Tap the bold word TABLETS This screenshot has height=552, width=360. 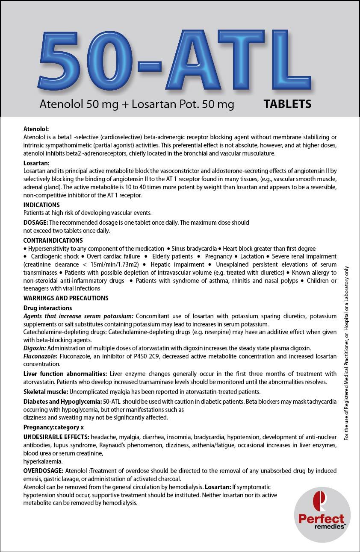(287, 104)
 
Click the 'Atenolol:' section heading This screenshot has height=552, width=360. (36, 128)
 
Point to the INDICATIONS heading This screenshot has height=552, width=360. (41, 205)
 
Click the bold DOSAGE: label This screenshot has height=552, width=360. (36, 223)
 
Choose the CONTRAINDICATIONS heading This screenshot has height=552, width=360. (53, 241)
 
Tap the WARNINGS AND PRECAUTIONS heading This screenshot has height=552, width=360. (66, 298)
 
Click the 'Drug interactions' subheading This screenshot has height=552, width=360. (47, 308)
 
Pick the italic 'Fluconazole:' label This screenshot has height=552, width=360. (39, 356)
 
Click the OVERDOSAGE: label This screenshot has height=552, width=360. (43, 471)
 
